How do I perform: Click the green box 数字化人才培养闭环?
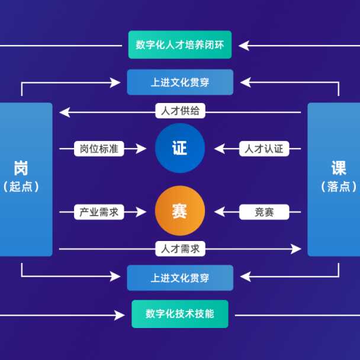(180, 45)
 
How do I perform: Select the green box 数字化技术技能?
(180, 314)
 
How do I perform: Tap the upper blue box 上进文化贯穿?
(180, 82)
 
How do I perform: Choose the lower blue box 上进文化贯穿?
(180, 278)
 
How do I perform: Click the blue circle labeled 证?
(179, 148)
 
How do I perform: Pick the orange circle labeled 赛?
(179, 211)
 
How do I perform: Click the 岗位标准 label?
(99, 149)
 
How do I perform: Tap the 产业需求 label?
(99, 212)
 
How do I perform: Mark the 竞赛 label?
(264, 212)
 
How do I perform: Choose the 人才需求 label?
(181, 249)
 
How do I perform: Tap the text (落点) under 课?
(339, 186)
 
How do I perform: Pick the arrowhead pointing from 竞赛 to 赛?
(220, 212)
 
